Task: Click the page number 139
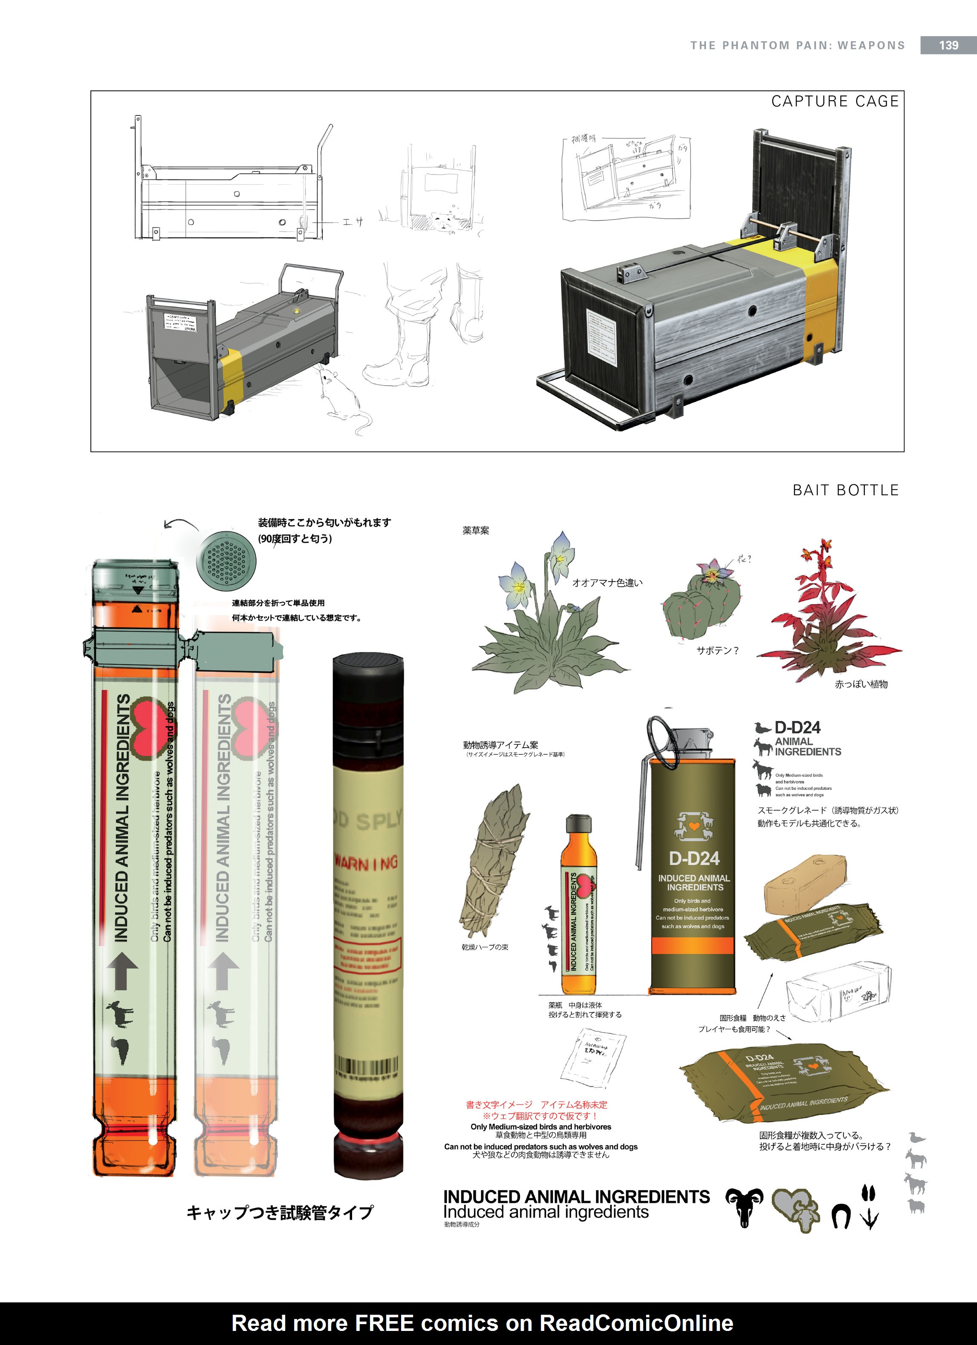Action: click(x=948, y=46)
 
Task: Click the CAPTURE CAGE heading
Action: click(x=835, y=101)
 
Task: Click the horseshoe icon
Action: click(x=840, y=1216)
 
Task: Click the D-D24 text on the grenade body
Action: click(x=694, y=858)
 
